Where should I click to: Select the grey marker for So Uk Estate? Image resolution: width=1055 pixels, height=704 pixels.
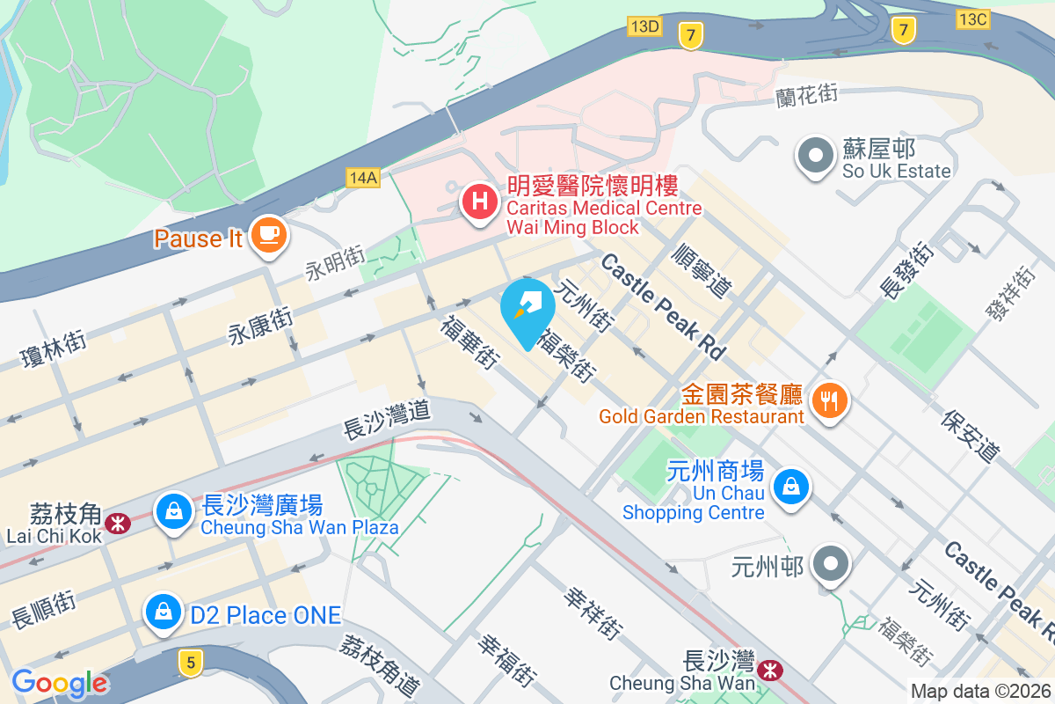pyautogui.click(x=815, y=157)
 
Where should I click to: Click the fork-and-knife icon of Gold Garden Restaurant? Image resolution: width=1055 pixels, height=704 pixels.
pyautogui.click(x=828, y=401)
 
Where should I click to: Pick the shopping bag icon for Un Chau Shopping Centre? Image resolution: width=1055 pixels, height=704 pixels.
pyautogui.click(x=791, y=486)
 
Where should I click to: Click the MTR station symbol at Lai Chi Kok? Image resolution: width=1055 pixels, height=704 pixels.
pyautogui.click(x=115, y=523)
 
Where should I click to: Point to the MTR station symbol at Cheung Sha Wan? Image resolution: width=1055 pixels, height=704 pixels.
pyautogui.click(x=770, y=671)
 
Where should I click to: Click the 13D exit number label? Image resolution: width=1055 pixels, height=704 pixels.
pyautogui.click(x=644, y=26)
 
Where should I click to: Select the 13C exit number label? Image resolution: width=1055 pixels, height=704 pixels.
pyautogui.click(x=973, y=18)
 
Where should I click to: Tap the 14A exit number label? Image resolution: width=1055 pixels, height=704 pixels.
pyautogui.click(x=362, y=178)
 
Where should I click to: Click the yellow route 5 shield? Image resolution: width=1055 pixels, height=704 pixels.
pyautogui.click(x=191, y=663)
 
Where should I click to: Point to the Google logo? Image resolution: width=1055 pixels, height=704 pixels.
pyautogui.click(x=60, y=683)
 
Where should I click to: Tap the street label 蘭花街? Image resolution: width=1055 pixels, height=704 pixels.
pyautogui.click(x=806, y=94)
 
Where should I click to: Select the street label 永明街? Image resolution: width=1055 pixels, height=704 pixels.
pyautogui.click(x=335, y=263)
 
